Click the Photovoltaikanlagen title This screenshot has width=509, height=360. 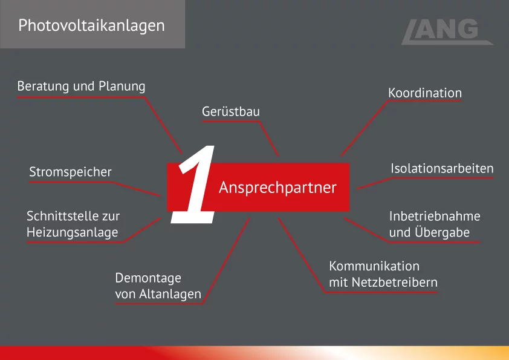[x=91, y=25]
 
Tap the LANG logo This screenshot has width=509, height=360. [x=447, y=32]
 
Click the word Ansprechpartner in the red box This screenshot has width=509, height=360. [x=277, y=188]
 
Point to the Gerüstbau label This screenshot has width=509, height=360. [x=231, y=112]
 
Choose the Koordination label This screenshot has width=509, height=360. [x=425, y=93]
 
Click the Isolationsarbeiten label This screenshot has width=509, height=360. [x=442, y=168]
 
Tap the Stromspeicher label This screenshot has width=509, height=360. [x=71, y=172]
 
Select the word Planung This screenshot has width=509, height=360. [x=122, y=87]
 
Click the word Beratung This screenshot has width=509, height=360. [x=43, y=86]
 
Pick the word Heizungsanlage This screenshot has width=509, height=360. [x=73, y=232]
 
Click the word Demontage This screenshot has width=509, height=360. [x=148, y=278]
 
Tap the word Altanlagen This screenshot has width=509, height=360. [x=170, y=294]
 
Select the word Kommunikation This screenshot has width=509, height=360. [x=374, y=266]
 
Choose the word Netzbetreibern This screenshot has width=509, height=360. [x=395, y=283]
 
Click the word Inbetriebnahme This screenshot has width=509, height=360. [x=435, y=217]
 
